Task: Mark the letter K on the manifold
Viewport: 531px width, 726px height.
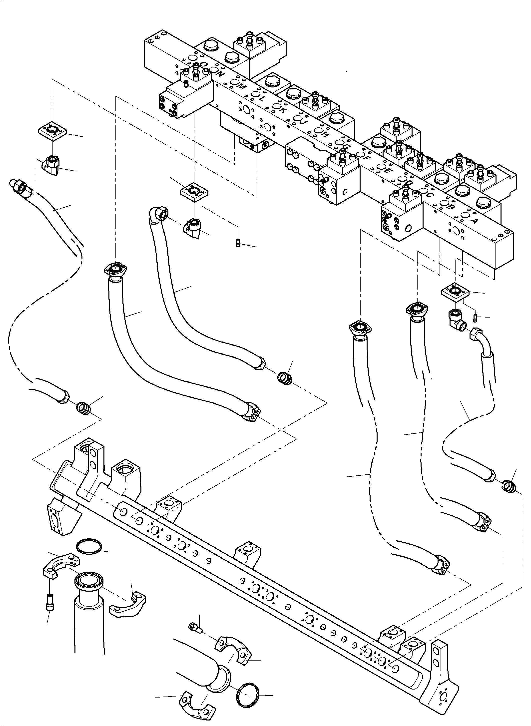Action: pyautogui.click(x=282, y=110)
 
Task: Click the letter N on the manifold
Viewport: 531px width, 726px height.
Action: pyautogui.click(x=220, y=74)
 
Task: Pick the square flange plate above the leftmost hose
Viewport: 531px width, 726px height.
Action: pyautogui.click(x=52, y=130)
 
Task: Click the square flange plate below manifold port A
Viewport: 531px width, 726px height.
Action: pyautogui.click(x=456, y=292)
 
